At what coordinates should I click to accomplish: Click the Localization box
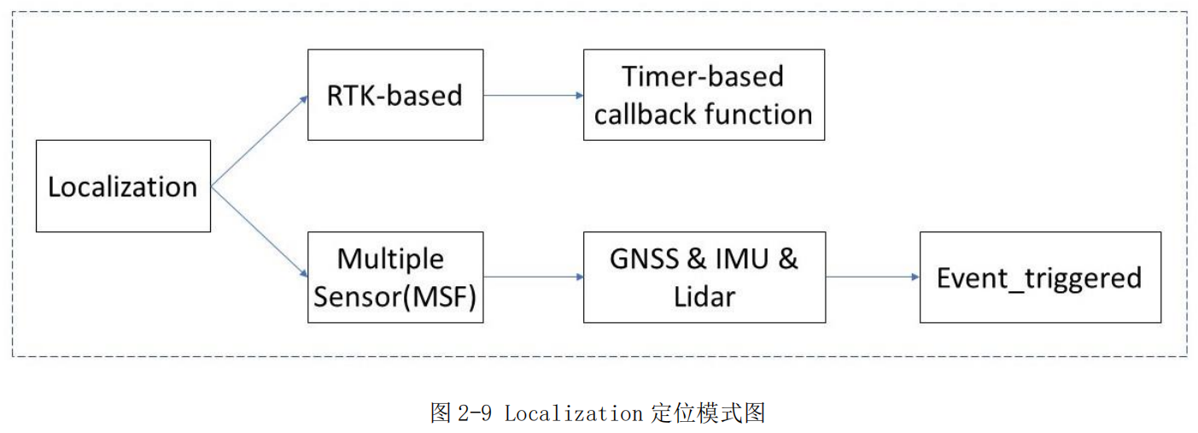tap(123, 186)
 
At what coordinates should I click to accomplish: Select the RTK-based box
tap(394, 95)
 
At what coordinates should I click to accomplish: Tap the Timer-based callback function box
tap(704, 95)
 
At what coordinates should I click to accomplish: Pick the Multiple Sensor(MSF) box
tap(394, 277)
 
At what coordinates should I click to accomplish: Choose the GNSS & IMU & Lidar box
tap(704, 277)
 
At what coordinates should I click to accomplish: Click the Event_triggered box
tap(1039, 277)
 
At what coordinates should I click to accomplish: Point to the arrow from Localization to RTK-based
tap(259, 141)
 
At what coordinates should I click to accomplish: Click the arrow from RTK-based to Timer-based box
tap(533, 95)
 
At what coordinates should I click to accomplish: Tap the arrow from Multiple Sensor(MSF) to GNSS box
tap(533, 277)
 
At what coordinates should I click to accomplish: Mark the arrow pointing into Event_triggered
tap(872, 277)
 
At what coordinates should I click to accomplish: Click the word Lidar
tap(704, 296)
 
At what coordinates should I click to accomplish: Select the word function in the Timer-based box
tap(767, 114)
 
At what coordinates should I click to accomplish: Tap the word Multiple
tap(390, 258)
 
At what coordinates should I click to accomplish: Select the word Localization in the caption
tap(573, 414)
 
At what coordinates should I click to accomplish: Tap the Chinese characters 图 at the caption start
tap(441, 414)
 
